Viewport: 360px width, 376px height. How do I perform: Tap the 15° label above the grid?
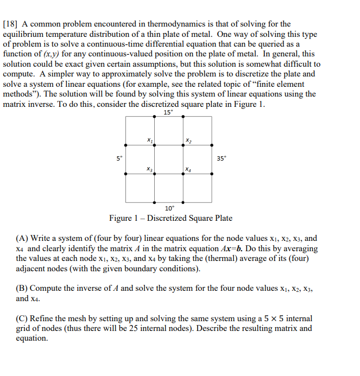pyautogui.click(x=168, y=112)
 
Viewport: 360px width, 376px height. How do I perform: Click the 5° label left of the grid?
pyautogui.click(x=119, y=158)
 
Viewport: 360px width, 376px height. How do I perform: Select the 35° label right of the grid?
pyautogui.click(x=222, y=158)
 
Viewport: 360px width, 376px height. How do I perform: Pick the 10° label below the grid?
pyautogui.click(x=169, y=208)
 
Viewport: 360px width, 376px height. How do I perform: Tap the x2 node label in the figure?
pyautogui.click(x=188, y=141)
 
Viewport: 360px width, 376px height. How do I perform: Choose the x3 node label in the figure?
pyautogui.click(x=149, y=169)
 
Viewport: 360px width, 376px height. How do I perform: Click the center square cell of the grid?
pyautogui.click(x=168, y=159)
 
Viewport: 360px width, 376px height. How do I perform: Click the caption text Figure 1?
pyautogui.click(x=124, y=218)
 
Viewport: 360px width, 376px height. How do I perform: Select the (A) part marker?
pyautogui.click(x=22, y=238)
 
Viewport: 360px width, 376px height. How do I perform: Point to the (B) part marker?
pyautogui.click(x=22, y=288)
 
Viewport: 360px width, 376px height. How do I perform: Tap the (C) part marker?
pyautogui.click(x=22, y=318)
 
